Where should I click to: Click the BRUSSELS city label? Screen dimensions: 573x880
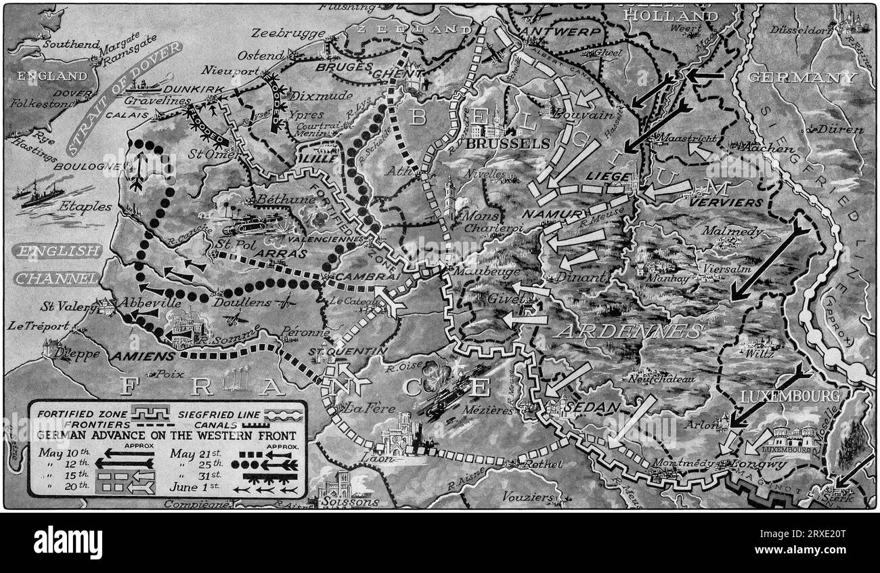pos(508,144)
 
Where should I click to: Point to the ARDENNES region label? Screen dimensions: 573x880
pos(629,331)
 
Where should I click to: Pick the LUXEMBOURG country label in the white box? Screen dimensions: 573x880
pos(790,396)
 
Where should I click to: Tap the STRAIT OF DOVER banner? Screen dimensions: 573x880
pos(125,98)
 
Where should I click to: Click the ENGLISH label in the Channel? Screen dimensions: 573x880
pos(56,251)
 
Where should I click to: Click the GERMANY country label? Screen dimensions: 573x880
pos(801,77)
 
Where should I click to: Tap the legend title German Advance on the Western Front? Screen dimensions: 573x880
pos(167,435)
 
